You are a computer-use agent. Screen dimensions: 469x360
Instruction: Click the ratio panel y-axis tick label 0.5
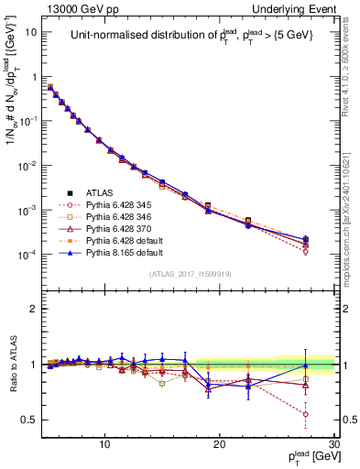tap(30, 420)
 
